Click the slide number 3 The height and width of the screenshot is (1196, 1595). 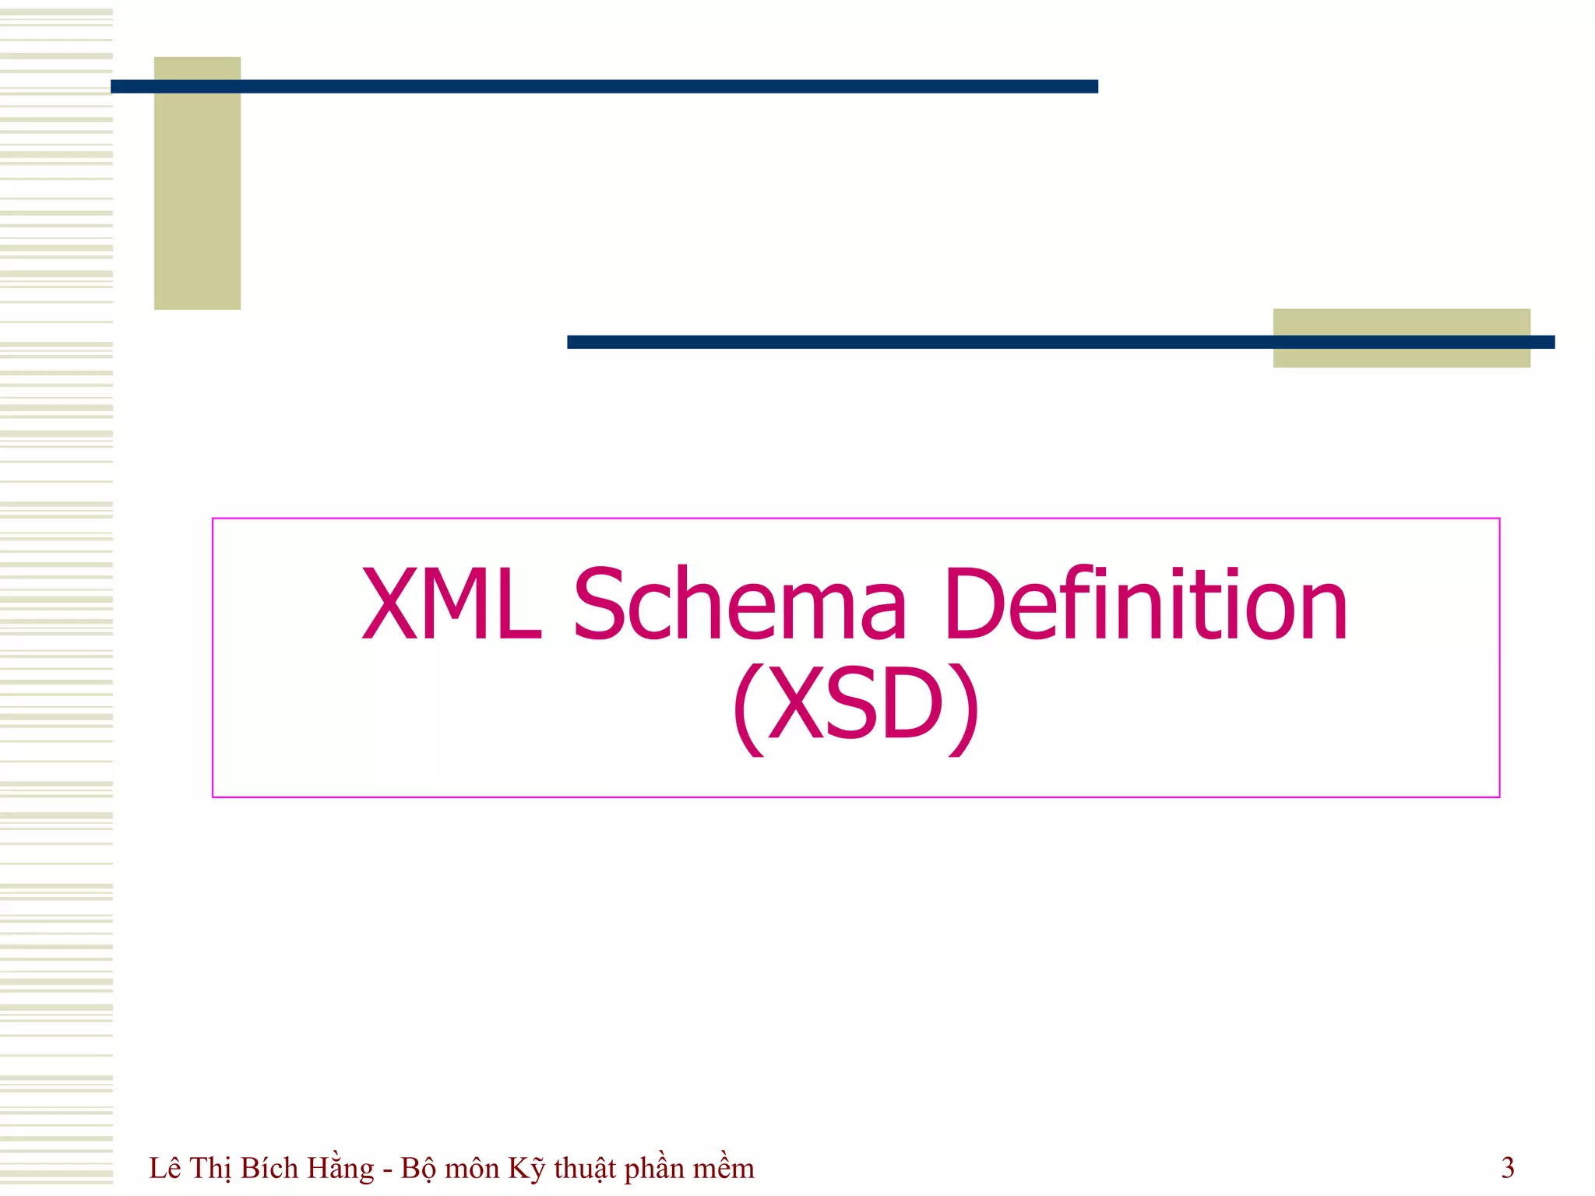(1508, 1168)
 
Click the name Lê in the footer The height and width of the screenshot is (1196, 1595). (165, 1168)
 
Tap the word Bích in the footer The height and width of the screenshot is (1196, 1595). (269, 1168)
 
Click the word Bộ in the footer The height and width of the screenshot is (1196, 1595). (419, 1168)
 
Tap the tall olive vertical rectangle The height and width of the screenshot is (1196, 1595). (197, 202)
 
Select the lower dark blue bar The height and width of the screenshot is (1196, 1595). (919, 342)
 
